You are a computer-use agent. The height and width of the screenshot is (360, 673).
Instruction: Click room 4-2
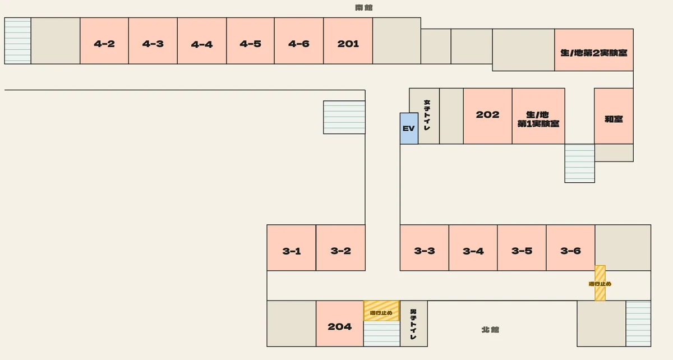104,41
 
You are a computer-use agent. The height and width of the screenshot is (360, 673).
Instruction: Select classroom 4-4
202,41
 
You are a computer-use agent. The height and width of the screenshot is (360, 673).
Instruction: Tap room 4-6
299,41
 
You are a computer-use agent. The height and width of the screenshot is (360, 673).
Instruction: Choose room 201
348,41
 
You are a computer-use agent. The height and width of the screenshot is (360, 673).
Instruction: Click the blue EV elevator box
409,128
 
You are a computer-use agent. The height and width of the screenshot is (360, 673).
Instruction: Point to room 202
487,116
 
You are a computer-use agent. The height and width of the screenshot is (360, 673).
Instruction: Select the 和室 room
614,116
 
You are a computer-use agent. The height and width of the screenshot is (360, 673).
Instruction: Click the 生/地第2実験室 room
594,50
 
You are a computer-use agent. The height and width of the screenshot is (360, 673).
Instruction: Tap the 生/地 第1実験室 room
538,116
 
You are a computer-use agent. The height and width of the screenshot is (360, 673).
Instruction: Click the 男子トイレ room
414,324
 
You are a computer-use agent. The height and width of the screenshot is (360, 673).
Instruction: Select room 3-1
292,248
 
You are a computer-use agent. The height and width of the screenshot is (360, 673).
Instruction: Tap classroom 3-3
424,248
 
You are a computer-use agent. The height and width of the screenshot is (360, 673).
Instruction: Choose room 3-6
570,248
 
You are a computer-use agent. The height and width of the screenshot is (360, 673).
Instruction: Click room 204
340,324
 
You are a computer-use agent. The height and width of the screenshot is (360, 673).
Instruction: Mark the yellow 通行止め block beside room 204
381,311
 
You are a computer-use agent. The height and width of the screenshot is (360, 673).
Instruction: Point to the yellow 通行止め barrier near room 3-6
600,283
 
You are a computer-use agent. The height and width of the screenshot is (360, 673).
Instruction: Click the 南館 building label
364,7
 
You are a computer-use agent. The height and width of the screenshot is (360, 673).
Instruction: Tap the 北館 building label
490,330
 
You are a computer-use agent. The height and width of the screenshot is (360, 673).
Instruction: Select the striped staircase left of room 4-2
18,41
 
